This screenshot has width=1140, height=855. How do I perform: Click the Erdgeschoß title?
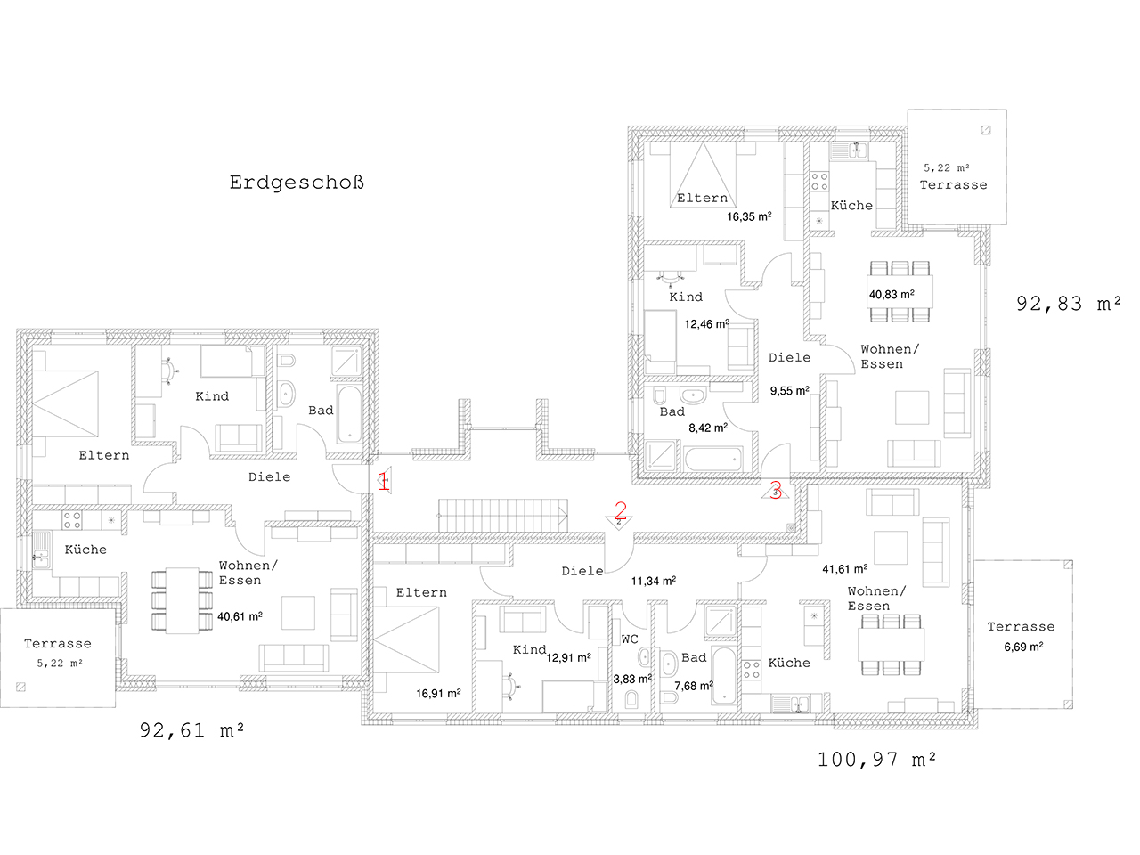point(297,183)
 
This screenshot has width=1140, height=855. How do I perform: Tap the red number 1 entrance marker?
point(384,481)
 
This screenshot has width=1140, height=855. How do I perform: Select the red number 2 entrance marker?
point(620,511)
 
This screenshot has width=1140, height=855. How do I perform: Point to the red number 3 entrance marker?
point(776,490)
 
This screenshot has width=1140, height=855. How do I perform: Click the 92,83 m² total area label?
point(1069,304)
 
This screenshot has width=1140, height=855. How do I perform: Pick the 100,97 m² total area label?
point(876,760)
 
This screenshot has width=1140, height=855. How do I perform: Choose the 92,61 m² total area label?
point(191,730)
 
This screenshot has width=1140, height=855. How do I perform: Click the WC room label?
point(630,639)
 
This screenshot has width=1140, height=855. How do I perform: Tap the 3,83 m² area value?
point(632,679)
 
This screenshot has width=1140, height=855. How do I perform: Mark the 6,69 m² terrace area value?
point(1023,647)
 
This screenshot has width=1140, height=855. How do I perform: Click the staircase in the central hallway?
point(502,516)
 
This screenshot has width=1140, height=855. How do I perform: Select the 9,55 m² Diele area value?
point(789,390)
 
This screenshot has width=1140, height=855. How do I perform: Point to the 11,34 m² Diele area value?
point(654,581)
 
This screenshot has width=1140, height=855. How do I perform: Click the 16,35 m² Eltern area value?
point(749,216)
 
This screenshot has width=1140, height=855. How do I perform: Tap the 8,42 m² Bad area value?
point(708,427)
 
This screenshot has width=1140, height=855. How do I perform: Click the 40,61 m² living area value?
point(240,616)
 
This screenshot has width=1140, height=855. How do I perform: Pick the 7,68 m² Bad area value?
point(693,686)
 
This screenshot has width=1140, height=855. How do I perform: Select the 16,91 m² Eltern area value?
point(438,694)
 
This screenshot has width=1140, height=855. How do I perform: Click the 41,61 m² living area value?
point(845,569)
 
